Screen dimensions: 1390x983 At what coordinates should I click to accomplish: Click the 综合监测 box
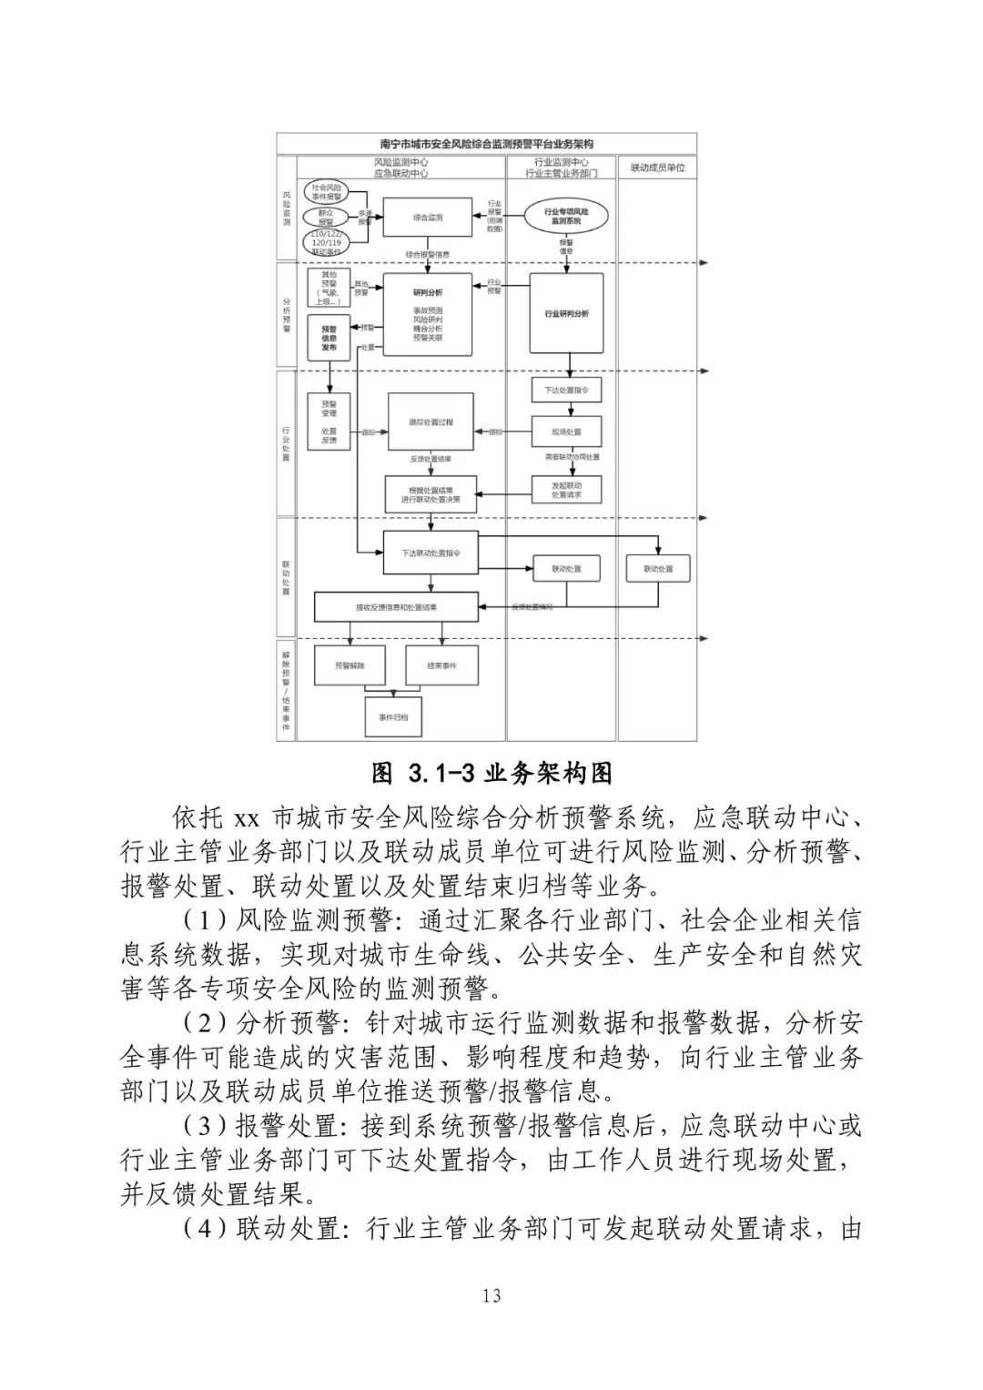click(x=427, y=218)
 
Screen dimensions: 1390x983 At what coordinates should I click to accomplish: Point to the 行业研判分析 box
click(x=566, y=313)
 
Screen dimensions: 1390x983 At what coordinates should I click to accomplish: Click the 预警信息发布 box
click(x=329, y=337)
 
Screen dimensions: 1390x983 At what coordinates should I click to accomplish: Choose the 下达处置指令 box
click(x=566, y=390)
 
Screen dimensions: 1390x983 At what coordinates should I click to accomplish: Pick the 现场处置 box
click(x=566, y=431)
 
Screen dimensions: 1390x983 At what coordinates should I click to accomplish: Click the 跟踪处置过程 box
click(x=431, y=422)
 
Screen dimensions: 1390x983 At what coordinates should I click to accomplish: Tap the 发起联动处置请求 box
click(x=566, y=490)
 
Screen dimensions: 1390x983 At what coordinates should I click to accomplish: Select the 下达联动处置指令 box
click(x=431, y=553)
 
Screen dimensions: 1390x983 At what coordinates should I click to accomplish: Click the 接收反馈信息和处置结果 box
click(x=396, y=607)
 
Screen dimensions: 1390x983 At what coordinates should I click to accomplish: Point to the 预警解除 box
click(x=350, y=665)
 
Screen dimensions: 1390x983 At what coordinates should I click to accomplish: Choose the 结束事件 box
click(x=441, y=665)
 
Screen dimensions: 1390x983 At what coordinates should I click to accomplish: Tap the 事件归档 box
click(x=393, y=717)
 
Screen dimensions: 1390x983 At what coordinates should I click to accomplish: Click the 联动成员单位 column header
click(x=657, y=167)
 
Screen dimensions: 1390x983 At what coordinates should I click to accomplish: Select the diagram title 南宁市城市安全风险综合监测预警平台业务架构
click(x=487, y=144)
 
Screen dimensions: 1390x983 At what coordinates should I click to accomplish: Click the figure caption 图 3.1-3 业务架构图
click(x=491, y=774)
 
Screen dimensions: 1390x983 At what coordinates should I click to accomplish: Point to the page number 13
click(x=491, y=1295)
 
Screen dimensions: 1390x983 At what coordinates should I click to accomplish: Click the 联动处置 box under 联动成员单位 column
click(x=657, y=569)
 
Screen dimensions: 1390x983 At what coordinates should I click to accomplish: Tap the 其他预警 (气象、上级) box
click(x=328, y=288)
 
